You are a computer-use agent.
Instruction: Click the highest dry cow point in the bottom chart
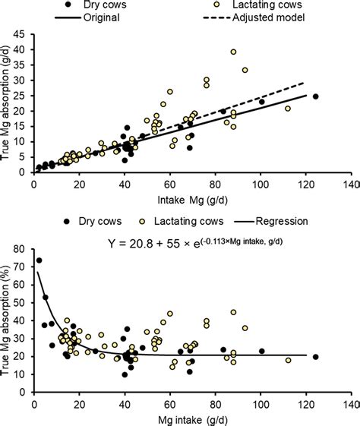39,260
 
